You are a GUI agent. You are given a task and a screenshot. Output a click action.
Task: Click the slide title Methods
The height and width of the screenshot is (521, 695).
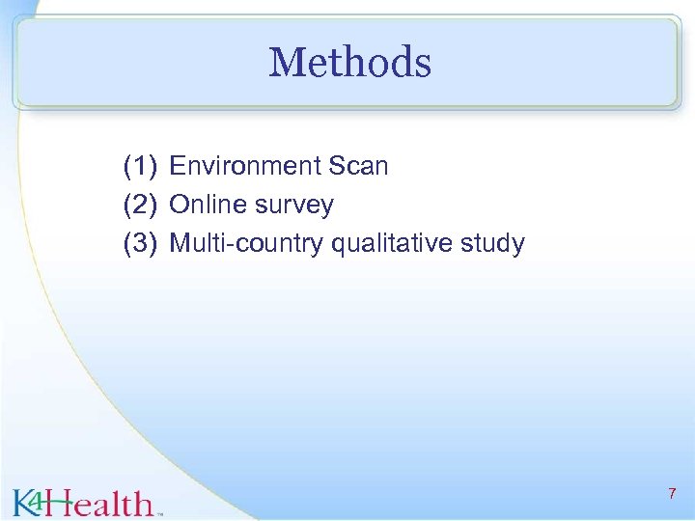(x=349, y=64)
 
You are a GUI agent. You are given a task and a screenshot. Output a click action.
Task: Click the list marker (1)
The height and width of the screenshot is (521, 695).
(x=140, y=167)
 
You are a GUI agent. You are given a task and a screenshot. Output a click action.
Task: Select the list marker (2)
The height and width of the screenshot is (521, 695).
(x=140, y=206)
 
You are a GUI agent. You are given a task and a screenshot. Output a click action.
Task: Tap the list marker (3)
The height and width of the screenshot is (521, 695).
(x=140, y=244)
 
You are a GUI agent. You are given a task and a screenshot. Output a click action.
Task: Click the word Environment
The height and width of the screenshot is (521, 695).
(x=245, y=167)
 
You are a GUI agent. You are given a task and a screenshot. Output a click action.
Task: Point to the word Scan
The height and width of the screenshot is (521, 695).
(x=358, y=167)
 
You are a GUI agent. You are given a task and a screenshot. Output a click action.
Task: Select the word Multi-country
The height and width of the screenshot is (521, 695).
(x=246, y=244)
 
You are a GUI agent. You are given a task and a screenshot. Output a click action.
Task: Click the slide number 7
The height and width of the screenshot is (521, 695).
(x=672, y=494)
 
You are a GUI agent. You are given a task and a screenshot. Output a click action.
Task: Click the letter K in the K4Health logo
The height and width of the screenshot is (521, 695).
(x=24, y=503)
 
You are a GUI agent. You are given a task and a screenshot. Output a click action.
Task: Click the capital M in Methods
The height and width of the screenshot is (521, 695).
(x=287, y=64)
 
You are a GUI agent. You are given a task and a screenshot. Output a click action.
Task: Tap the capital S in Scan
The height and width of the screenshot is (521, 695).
(x=337, y=167)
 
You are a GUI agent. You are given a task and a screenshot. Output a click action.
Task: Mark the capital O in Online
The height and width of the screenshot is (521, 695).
(x=179, y=206)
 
